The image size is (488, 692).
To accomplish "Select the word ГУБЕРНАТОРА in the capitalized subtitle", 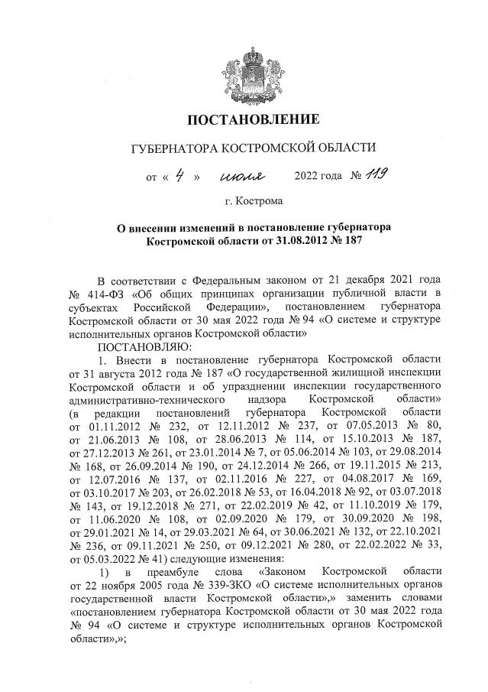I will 173,148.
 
